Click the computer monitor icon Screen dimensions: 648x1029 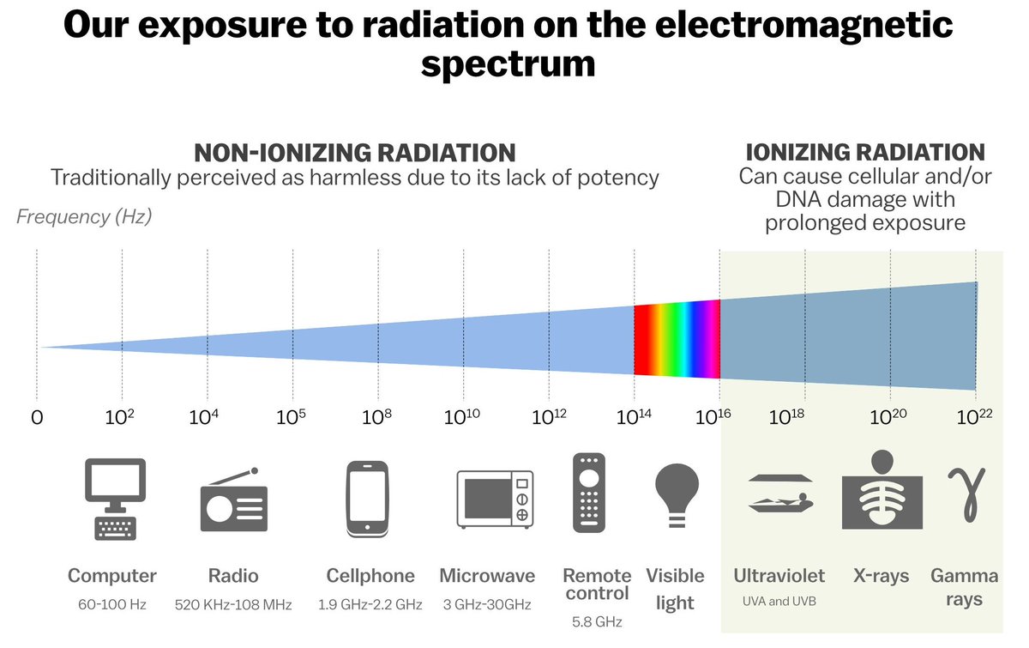pyautogui.click(x=113, y=499)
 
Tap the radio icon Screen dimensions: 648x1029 pyautogui.click(x=233, y=504)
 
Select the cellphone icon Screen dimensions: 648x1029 pyautogui.click(x=367, y=499)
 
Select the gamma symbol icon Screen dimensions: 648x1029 pyautogui.click(x=965, y=493)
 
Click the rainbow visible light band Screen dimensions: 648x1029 pyautogui.click(x=677, y=338)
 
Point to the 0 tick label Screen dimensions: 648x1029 pyautogui.click(x=36, y=418)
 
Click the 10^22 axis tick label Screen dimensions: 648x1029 pyautogui.click(x=974, y=417)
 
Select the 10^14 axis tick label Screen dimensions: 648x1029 pyautogui.click(x=633, y=417)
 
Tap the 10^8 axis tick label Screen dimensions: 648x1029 pyautogui.click(x=376, y=417)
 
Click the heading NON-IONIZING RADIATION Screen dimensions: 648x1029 pyautogui.click(x=354, y=153)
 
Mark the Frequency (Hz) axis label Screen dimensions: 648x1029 pyautogui.click(x=84, y=216)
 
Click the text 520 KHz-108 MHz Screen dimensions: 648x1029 pyautogui.click(x=233, y=605)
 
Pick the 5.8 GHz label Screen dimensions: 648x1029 pyautogui.click(x=596, y=621)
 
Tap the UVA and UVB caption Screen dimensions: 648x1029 pyautogui.click(x=779, y=601)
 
